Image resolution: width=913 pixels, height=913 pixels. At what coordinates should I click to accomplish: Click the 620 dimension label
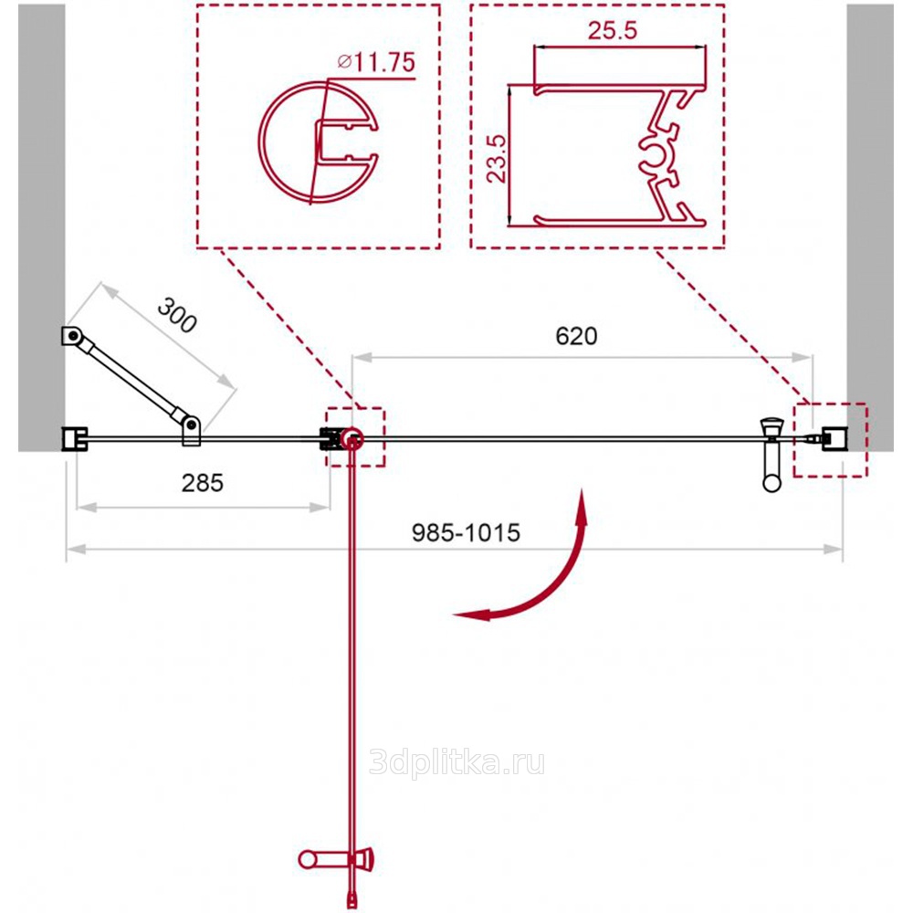576,336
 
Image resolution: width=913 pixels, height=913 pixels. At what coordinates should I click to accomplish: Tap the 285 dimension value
202,483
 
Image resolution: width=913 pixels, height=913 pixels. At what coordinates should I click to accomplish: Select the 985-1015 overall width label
466,533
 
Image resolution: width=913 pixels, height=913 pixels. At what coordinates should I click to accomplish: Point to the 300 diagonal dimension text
177,316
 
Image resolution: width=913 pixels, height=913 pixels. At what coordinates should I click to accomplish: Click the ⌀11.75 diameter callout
376,62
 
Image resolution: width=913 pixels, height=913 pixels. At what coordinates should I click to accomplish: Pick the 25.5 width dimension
612,30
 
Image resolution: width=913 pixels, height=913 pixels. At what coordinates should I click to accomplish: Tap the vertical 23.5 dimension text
497,158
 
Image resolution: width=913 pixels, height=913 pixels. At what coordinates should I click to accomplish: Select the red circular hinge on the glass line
352,439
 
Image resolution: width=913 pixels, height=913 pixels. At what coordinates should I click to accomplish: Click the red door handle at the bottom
336,859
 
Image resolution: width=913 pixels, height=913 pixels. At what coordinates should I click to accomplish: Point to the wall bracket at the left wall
75,439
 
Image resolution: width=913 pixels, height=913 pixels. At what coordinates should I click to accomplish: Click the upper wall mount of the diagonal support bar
72,336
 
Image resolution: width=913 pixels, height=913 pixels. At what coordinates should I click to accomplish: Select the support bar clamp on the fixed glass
191,431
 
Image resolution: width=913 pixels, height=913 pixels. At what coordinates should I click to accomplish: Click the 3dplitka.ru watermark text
457,762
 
